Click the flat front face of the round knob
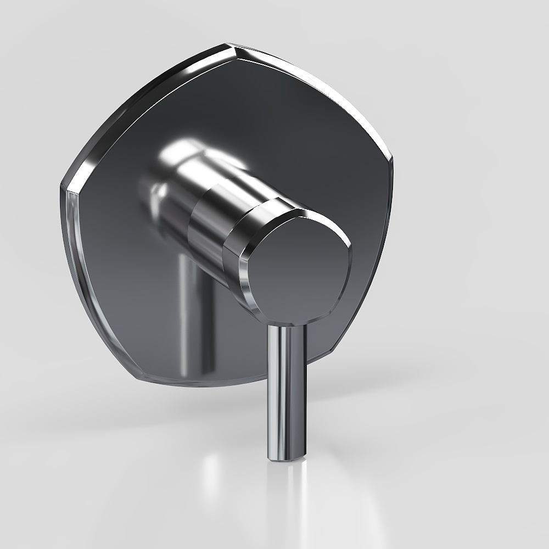(x=302, y=269)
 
